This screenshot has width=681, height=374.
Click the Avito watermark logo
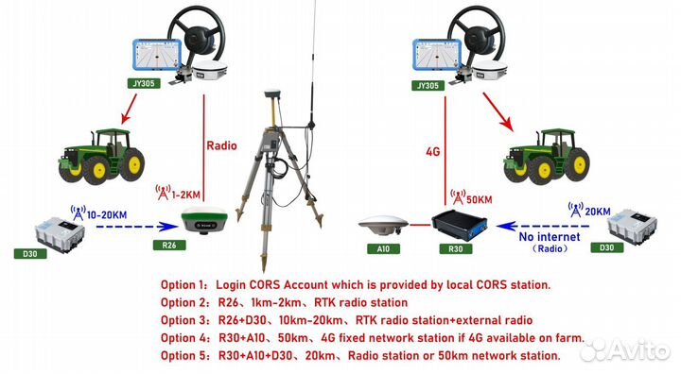(624, 350)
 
